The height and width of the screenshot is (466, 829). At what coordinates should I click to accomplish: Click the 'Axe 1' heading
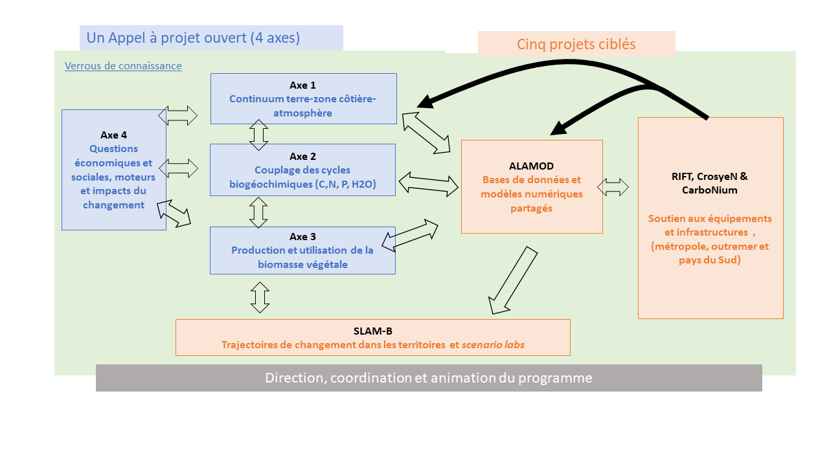tap(303, 85)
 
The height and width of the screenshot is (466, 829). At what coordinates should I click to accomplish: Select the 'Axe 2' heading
tap(303, 157)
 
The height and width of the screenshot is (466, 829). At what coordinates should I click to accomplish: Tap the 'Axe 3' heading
tap(303, 237)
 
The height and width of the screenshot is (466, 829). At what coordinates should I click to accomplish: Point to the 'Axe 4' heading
tap(114, 135)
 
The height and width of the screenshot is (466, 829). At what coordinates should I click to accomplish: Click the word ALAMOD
tap(532, 166)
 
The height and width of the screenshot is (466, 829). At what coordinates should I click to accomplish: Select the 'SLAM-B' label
tap(372, 331)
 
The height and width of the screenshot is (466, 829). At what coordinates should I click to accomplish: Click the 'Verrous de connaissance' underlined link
tap(123, 66)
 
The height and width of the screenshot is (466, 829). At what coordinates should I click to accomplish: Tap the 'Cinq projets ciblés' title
tap(576, 44)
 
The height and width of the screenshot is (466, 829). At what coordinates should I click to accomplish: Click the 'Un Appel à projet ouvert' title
tap(193, 38)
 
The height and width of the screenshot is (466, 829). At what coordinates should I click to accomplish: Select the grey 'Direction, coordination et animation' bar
tap(429, 378)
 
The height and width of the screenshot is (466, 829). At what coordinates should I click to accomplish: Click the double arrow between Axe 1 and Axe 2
tap(259, 135)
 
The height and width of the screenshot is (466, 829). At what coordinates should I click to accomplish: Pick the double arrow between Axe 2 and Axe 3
tap(258, 212)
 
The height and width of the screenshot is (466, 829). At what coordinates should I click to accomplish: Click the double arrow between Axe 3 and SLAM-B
tap(260, 297)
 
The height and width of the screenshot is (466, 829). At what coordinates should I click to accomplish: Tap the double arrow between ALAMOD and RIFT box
tap(613, 188)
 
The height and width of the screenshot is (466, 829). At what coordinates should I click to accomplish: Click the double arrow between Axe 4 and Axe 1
tap(178, 116)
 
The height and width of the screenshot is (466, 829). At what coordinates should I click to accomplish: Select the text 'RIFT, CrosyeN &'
tap(710, 176)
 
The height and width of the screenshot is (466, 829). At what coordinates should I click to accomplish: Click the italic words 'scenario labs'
tap(493, 345)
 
